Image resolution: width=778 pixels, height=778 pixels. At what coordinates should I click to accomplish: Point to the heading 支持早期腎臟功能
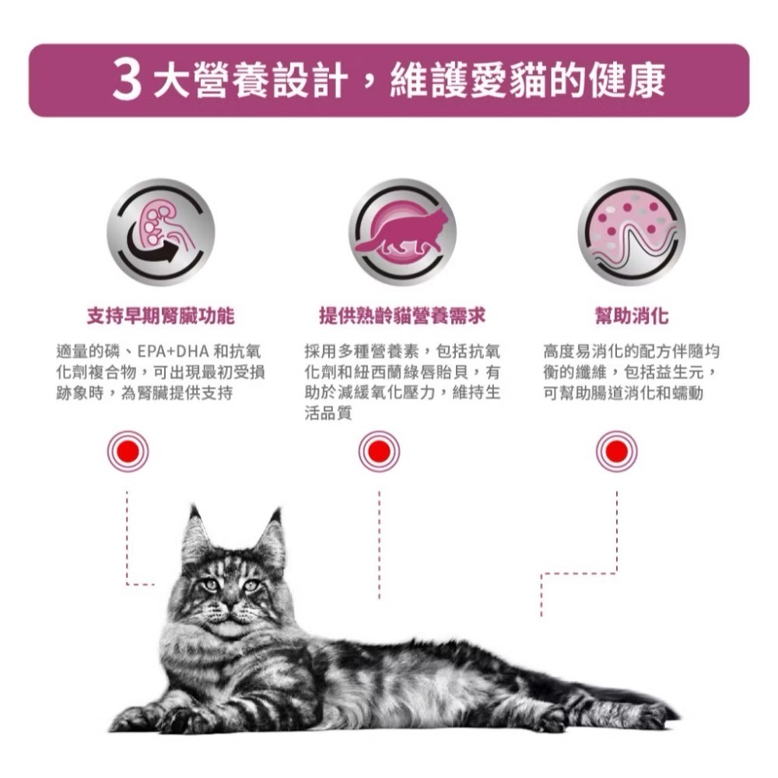pos(161,316)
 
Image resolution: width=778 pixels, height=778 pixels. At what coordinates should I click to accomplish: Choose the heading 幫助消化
pos(631,316)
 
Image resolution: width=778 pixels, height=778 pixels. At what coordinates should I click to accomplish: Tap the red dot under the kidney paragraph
pos(128,451)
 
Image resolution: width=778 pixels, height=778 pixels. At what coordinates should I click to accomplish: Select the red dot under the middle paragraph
pos(380,451)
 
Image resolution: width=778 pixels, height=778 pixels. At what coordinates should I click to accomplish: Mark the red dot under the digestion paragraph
pos(616,451)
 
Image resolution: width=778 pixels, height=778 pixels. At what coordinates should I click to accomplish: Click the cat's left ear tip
pos(192,512)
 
